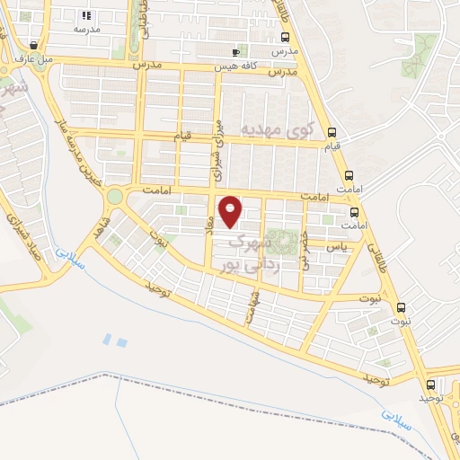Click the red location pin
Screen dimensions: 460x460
click(x=231, y=210)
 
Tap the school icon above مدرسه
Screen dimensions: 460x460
click(x=86, y=15)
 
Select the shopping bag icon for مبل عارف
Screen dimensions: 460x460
click(x=34, y=45)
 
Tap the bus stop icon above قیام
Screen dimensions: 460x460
click(x=332, y=130)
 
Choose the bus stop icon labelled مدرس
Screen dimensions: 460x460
click(x=285, y=38)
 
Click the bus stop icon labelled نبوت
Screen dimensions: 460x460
click(x=401, y=306)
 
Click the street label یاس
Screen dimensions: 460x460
click(x=335, y=245)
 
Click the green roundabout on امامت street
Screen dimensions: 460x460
click(x=114, y=195)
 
